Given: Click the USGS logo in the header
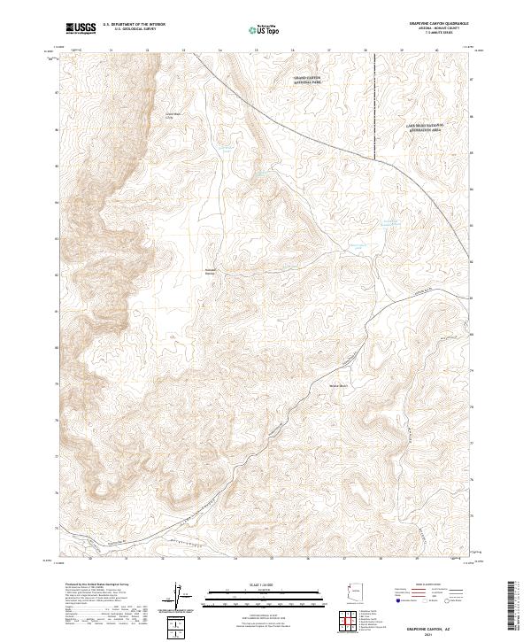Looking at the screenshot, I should pos(81,28).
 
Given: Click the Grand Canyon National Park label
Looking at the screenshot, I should pos(307,81).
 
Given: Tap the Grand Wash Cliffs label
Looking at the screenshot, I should pos(173,115).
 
